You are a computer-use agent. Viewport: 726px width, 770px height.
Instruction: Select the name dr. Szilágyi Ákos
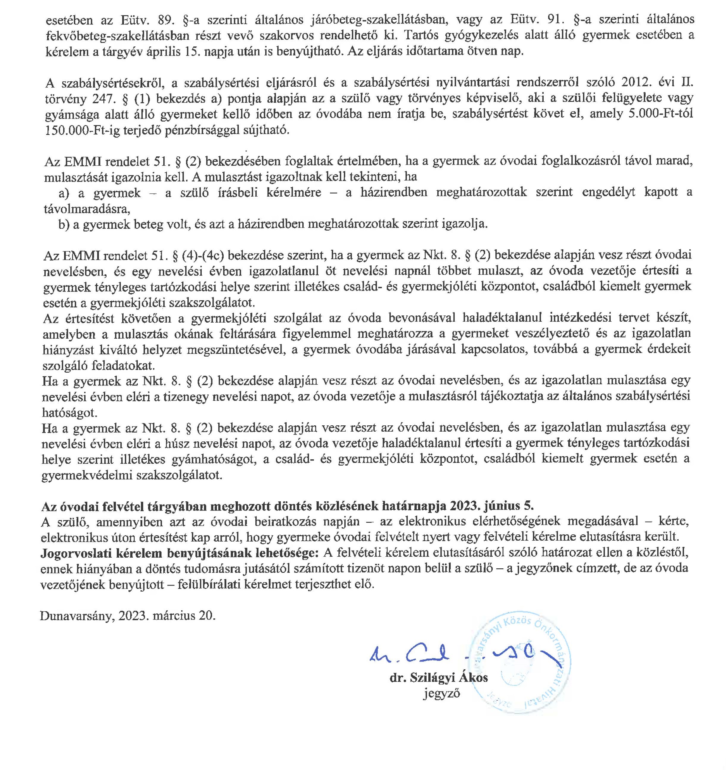[x=439, y=678]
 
